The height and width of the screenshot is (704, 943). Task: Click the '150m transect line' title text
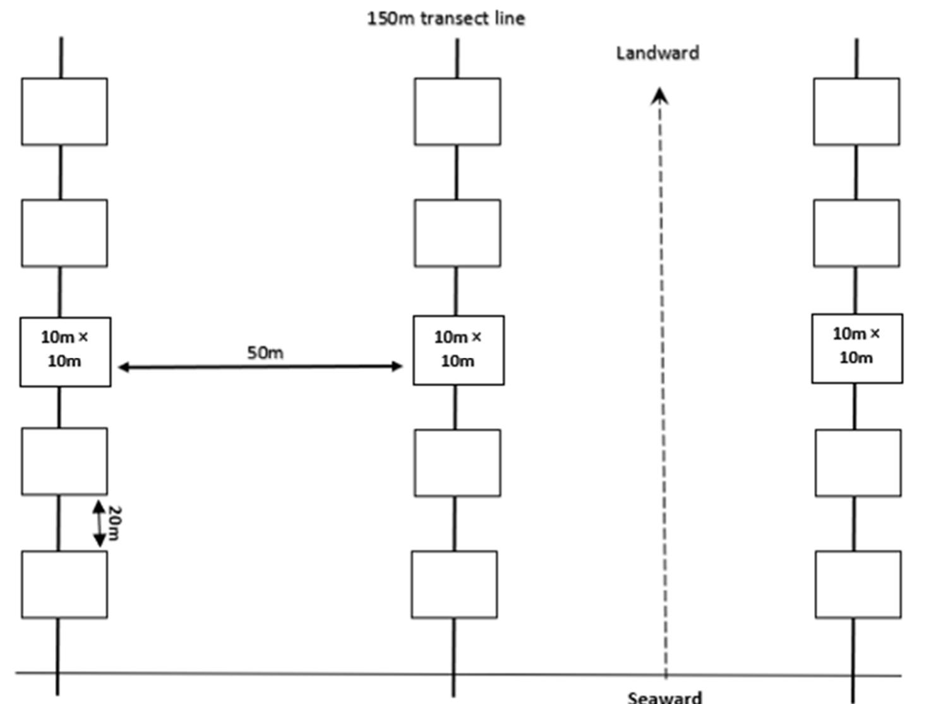(446, 18)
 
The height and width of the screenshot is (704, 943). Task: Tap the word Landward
(658, 53)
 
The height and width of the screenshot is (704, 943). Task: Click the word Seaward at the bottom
(664, 697)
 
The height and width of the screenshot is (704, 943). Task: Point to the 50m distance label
(265, 352)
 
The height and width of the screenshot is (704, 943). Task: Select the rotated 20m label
(114, 523)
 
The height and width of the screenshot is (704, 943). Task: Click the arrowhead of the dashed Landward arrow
(659, 97)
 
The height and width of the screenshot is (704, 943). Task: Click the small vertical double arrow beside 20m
(99, 523)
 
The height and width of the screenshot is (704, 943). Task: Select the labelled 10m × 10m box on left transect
(65, 352)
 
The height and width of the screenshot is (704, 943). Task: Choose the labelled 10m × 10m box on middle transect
(459, 350)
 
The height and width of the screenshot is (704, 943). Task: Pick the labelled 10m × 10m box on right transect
(857, 349)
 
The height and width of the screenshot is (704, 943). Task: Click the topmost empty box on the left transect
(64, 112)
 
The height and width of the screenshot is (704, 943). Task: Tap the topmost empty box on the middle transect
(457, 112)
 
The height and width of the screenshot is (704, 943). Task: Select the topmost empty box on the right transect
(856, 112)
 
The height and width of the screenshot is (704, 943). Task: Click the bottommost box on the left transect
(64, 584)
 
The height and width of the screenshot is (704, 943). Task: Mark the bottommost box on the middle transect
(454, 584)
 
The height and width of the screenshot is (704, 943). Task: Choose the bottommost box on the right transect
(858, 584)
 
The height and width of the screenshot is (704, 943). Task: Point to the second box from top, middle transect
(457, 233)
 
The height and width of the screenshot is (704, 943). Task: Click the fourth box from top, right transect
(858, 463)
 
